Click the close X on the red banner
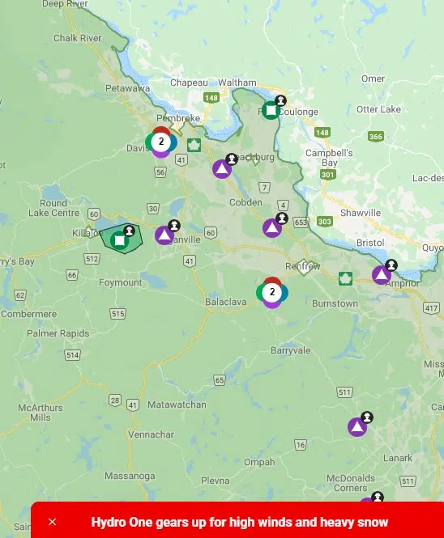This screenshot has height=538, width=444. [x=53, y=522]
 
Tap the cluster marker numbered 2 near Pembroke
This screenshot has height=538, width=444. [x=161, y=142]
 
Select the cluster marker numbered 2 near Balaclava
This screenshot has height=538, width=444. [x=272, y=292]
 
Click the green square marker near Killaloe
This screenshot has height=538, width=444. [x=120, y=239]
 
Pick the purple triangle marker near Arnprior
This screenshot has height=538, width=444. [x=381, y=275]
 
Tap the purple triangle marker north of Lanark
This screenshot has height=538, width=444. [x=356, y=426]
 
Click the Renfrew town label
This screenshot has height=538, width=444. [x=303, y=266]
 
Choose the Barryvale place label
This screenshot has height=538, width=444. [x=290, y=350]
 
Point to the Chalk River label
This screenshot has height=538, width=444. [x=76, y=38]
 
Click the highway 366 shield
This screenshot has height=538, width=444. [x=375, y=137]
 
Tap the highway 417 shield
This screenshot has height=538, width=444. [x=430, y=307]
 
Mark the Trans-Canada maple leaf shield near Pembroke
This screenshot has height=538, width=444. [x=194, y=146]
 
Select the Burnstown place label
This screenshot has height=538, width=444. [x=335, y=303]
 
